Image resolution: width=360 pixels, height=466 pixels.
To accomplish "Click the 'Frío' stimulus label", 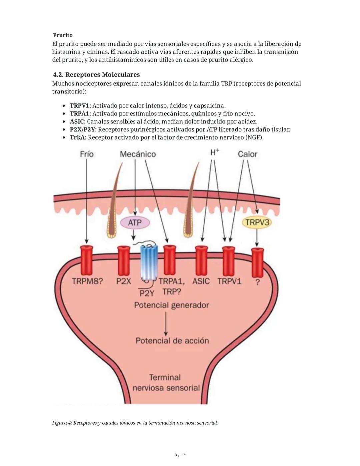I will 87,154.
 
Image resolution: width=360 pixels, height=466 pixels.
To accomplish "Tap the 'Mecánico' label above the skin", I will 138,154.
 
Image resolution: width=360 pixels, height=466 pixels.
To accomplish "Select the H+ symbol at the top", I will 215,153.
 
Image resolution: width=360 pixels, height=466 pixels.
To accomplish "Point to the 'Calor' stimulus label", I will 247,154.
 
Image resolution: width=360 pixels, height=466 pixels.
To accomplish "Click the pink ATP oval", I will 135,222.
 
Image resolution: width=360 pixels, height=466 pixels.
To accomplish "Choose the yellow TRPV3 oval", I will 257,222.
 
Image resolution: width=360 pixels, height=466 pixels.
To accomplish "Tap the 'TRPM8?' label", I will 87,281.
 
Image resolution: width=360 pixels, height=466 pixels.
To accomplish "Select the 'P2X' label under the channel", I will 123,281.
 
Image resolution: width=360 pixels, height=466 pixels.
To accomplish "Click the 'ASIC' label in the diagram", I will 201,281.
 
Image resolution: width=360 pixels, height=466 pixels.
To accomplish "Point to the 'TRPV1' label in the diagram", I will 229,281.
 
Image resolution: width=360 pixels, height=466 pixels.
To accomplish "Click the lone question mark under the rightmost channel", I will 257,282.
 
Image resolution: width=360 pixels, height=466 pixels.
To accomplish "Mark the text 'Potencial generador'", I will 171,305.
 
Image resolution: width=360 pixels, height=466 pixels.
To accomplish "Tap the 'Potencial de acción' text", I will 172,341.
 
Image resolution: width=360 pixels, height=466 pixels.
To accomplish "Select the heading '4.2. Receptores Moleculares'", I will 96,75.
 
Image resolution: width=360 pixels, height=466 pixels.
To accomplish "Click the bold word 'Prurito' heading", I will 63,35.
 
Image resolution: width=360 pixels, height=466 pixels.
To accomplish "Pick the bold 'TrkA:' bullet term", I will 78,137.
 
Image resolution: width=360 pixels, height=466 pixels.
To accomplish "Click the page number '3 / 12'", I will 180,455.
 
